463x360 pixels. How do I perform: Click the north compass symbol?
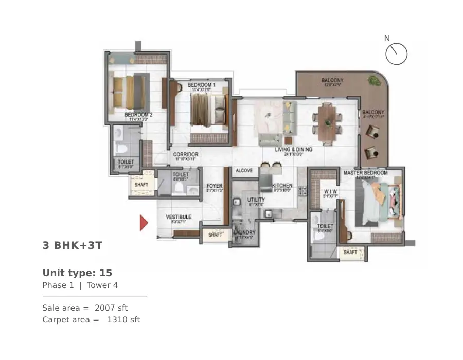[x=396, y=53]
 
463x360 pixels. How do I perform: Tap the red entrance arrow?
[x=144, y=223]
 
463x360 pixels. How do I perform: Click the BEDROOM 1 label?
[x=201, y=84]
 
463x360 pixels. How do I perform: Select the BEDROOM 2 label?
[x=138, y=115]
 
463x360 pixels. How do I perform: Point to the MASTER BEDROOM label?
[x=365, y=173]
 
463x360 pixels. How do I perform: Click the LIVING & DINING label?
[x=293, y=150]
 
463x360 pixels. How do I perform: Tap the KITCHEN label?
[x=282, y=186]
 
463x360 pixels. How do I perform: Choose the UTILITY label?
[x=256, y=200]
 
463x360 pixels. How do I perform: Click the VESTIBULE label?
[x=179, y=217]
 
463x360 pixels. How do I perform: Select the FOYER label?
[x=214, y=186]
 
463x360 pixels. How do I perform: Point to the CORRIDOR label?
[x=186, y=154]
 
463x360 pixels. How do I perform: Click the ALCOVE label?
[x=244, y=170]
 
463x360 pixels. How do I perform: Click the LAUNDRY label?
[x=244, y=232]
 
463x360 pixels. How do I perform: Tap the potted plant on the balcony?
[x=372, y=80]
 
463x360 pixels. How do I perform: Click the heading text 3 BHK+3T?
[x=73, y=245]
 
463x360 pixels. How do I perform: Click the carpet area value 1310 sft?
[x=123, y=320]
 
